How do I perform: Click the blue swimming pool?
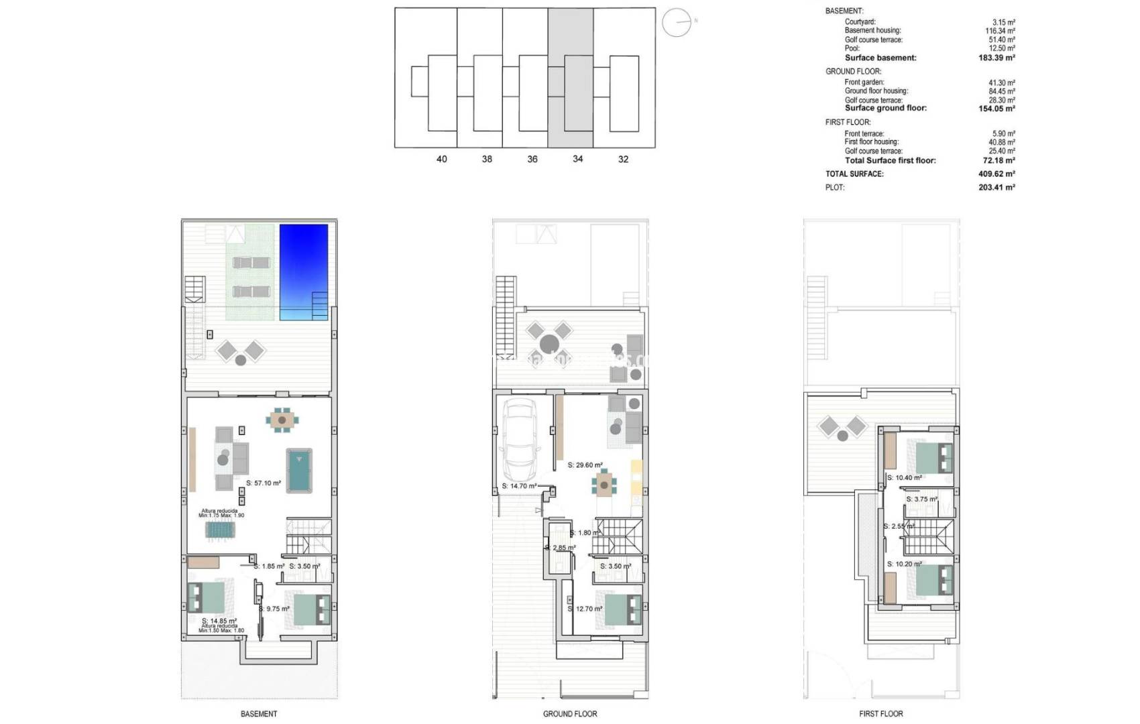point(303,271)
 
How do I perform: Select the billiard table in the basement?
point(299,471)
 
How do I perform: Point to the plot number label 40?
point(441,160)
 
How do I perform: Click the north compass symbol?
point(677,23)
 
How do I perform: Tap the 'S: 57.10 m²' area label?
point(264,483)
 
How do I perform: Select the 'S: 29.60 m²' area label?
point(585,465)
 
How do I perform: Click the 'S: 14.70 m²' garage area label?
point(519,486)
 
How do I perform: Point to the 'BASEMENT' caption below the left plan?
point(259,714)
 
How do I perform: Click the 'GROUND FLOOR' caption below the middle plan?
point(570,714)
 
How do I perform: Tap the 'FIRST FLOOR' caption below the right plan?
point(881,714)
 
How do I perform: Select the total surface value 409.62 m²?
point(996,174)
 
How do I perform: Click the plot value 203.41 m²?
point(996,188)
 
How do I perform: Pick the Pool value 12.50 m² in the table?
point(1002,48)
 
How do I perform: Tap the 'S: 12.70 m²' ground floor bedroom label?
point(585,609)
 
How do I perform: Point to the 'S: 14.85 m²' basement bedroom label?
point(219,621)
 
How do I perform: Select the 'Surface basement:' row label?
point(880,58)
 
